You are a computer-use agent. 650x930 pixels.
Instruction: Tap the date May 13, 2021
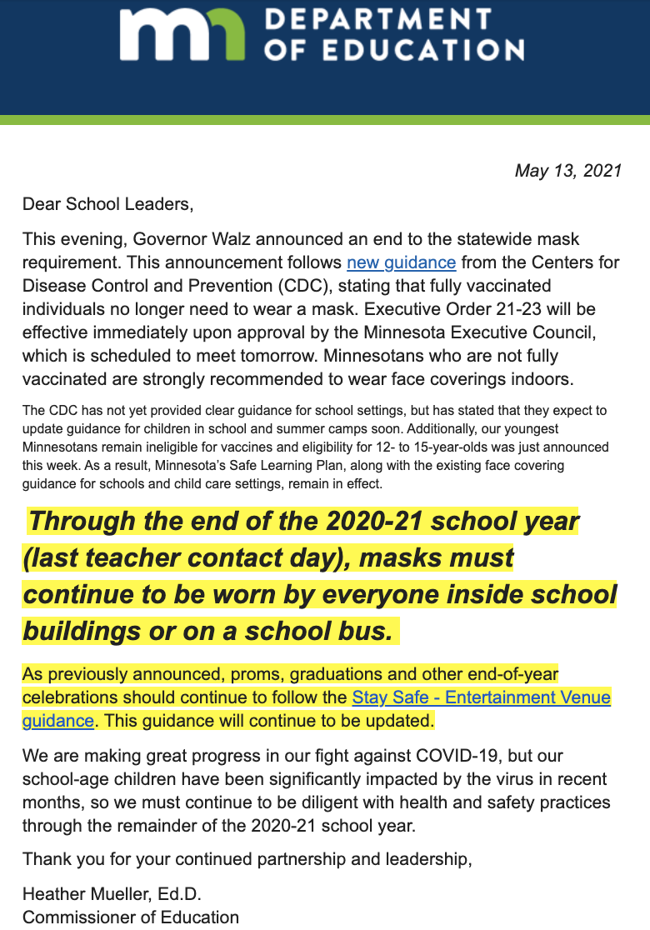[x=568, y=171]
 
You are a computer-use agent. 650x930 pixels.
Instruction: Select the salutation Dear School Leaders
[x=107, y=203]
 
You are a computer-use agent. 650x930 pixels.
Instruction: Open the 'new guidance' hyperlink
[x=401, y=262]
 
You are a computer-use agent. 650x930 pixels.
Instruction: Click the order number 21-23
[x=533, y=309]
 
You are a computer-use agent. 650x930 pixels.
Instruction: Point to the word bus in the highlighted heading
[x=362, y=632]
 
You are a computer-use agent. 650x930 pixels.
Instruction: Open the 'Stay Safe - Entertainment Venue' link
[x=482, y=697]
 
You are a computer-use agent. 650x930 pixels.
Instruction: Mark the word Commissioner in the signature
[x=75, y=917]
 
